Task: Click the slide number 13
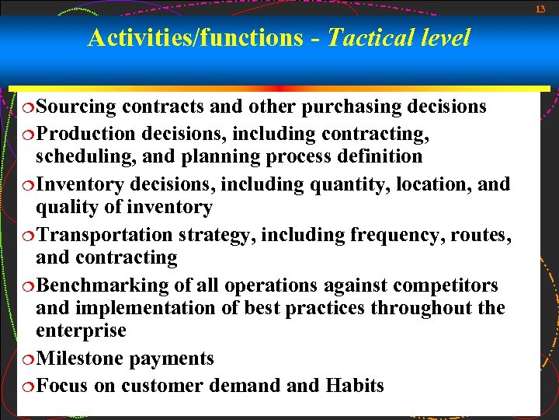(x=541, y=9)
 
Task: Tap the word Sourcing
(x=75, y=107)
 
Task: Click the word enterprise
(x=80, y=331)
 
